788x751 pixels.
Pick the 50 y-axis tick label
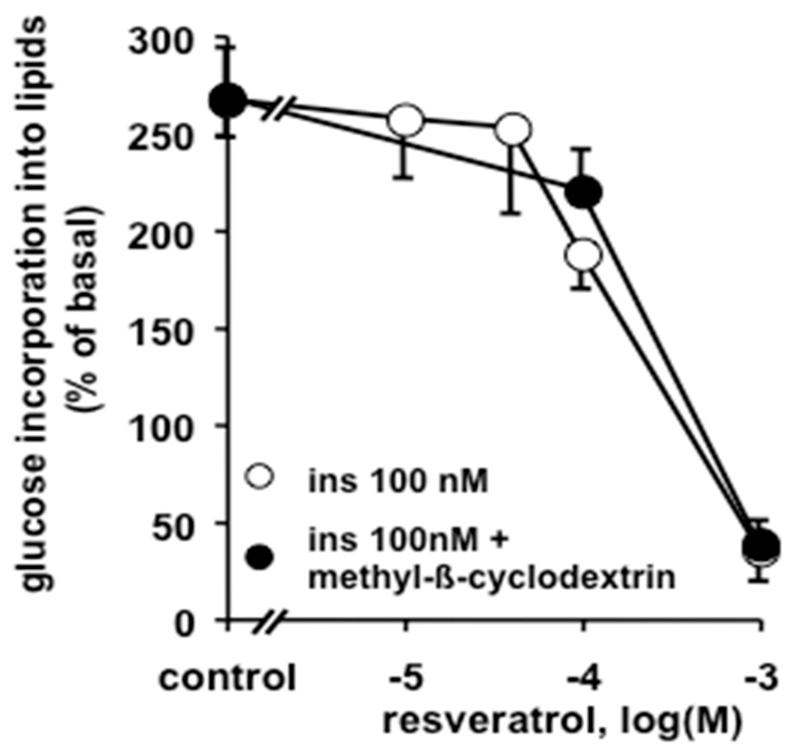coord(176,523)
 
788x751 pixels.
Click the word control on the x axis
coord(227,678)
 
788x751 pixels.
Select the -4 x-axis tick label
coord(583,678)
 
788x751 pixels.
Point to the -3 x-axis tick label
coord(761,678)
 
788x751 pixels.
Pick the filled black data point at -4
coord(583,192)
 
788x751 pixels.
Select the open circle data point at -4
coord(583,255)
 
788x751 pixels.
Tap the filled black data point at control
coord(230,100)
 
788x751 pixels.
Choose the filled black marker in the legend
coord(260,557)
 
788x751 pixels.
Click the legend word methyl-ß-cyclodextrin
coord(491,578)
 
